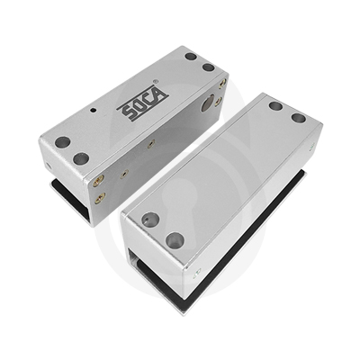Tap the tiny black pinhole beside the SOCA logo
(x=94, y=111)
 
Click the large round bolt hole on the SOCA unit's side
(x=208, y=103)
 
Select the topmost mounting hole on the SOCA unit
(x=191, y=57)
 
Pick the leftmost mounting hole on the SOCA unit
(x=63, y=142)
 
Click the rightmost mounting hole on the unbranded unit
(x=298, y=118)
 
